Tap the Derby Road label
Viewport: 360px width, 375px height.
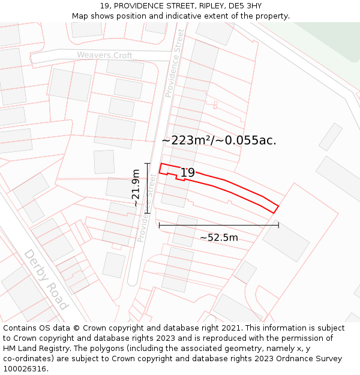pyautogui.click(x=46, y=279)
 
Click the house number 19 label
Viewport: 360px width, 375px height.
pyautogui.click(x=188, y=173)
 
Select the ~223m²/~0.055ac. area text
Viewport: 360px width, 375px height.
pyautogui.click(x=219, y=140)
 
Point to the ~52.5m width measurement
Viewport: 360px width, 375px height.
pyautogui.click(x=218, y=238)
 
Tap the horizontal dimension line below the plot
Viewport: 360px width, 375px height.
pyautogui.click(x=218, y=226)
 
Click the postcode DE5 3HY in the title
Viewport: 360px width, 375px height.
pyautogui.click(x=246, y=6)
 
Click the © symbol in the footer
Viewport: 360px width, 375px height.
pyautogui.click(x=76, y=328)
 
